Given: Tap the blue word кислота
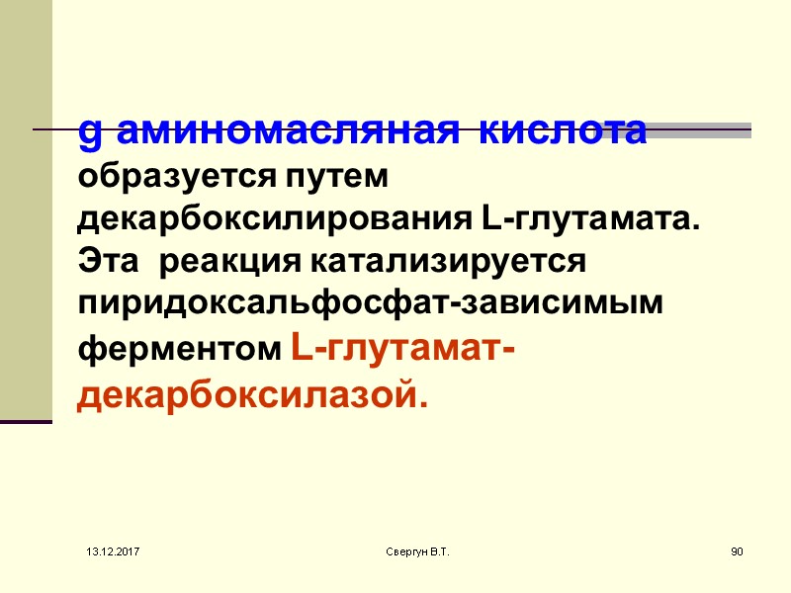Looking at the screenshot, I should pyautogui.click(x=563, y=130).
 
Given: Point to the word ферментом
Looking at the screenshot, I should pyautogui.click(x=180, y=351).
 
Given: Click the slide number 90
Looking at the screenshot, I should pyautogui.click(x=736, y=549).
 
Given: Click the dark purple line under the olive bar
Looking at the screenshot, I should pyautogui.click(x=26, y=422).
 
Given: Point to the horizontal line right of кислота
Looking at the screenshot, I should pyautogui.click(x=700, y=130).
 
